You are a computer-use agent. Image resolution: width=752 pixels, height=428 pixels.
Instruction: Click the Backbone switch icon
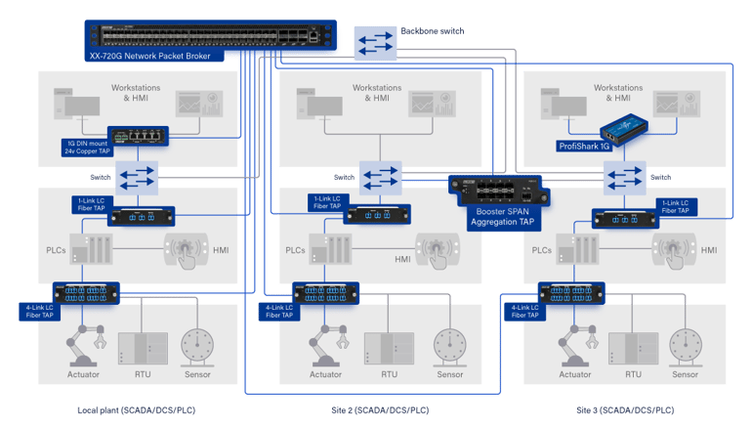pyautogui.click(x=375, y=43)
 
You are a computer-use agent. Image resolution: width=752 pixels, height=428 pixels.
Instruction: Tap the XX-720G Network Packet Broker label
pyautogui.click(x=150, y=56)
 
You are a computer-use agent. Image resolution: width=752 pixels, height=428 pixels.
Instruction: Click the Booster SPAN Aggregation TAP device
pyautogui.click(x=498, y=191)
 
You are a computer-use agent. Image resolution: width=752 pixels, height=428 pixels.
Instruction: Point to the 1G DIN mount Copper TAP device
pyautogui.click(x=138, y=136)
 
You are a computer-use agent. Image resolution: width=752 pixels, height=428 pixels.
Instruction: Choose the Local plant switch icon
pyautogui.click(x=137, y=178)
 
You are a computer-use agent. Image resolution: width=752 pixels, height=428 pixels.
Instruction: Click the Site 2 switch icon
pyautogui.click(x=380, y=178)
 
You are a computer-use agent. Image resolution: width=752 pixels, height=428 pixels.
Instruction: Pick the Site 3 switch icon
pyautogui.click(x=624, y=178)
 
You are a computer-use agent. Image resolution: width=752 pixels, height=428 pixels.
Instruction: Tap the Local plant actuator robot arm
pyautogui.click(x=84, y=346)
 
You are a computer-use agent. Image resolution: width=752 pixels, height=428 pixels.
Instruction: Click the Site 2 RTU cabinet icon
pyautogui.click(x=389, y=349)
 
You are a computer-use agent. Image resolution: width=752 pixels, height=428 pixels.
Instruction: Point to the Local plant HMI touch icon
pyautogui.click(x=187, y=250)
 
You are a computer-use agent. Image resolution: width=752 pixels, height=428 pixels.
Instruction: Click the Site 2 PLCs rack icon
pyautogui.click(x=330, y=249)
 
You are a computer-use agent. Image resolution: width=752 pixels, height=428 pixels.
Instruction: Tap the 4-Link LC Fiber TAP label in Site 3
pyautogui.click(x=524, y=311)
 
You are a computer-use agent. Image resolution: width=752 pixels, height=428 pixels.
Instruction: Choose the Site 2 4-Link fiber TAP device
pyautogui.click(x=325, y=293)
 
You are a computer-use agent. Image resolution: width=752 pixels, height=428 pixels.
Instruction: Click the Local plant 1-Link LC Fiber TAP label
pyautogui.click(x=91, y=204)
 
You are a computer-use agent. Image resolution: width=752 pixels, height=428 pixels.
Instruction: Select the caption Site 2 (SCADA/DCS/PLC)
pyautogui.click(x=380, y=410)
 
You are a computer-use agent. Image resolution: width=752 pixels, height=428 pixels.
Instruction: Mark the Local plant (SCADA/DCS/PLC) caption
pyautogui.click(x=136, y=410)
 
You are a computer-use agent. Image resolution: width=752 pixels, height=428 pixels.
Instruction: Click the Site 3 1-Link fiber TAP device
pyautogui.click(x=625, y=219)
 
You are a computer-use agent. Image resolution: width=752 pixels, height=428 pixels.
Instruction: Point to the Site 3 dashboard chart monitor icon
pyautogui.click(x=677, y=104)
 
